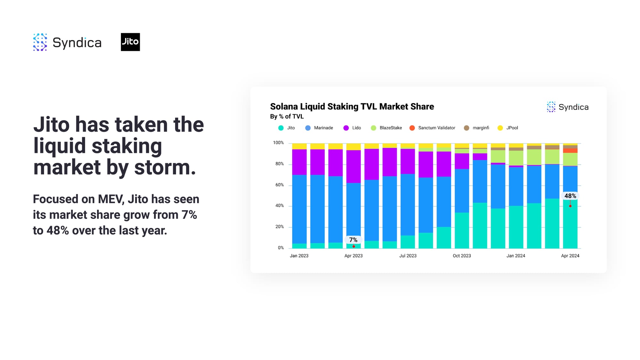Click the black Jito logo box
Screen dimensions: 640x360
click(x=130, y=42)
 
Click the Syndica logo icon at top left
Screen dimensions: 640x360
click(x=40, y=42)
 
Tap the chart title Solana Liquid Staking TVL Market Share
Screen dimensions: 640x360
click(x=352, y=107)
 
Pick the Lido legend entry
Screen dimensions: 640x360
click(x=352, y=128)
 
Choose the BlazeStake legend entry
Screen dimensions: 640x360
click(x=386, y=128)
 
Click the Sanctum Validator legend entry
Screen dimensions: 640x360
click(x=432, y=128)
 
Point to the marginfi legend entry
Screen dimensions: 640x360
click(x=476, y=128)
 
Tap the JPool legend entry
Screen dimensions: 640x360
click(x=508, y=128)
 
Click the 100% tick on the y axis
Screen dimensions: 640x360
click(x=278, y=143)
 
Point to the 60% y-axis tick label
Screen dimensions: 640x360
click(x=280, y=185)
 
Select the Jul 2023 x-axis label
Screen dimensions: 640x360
click(x=408, y=256)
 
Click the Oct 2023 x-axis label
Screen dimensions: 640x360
click(x=462, y=256)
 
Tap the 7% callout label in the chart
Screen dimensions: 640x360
click(x=353, y=240)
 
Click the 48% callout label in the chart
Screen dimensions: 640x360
click(x=570, y=196)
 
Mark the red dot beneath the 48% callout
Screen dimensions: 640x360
click(x=570, y=206)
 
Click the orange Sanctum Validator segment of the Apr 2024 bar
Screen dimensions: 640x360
click(x=570, y=151)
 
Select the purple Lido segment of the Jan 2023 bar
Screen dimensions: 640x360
click(x=300, y=162)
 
